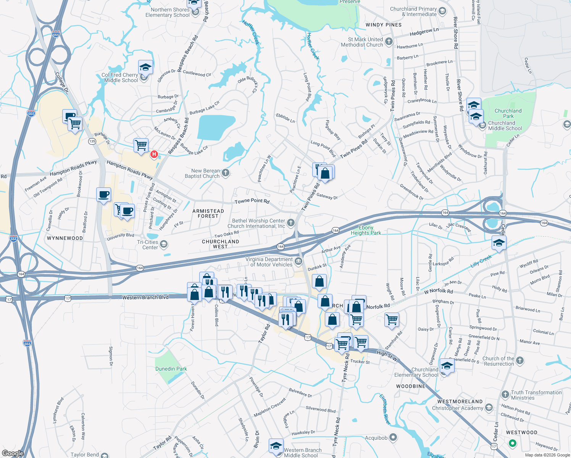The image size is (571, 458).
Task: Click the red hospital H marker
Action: (154, 154)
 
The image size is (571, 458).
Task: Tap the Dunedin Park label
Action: (171, 369)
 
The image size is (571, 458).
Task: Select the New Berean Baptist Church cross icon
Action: (226, 173)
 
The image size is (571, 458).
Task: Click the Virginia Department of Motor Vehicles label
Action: (269, 262)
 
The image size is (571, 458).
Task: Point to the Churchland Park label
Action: (508, 113)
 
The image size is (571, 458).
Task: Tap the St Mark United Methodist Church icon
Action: (389, 42)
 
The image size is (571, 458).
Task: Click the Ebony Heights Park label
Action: (366, 230)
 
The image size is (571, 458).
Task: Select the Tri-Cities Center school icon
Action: (164, 244)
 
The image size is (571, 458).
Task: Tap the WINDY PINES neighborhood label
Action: (384, 25)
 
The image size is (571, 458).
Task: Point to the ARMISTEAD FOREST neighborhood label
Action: (208, 213)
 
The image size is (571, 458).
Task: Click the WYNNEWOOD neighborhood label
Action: (65, 238)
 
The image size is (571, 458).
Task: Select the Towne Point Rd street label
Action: (252, 201)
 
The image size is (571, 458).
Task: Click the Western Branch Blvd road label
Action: (145, 297)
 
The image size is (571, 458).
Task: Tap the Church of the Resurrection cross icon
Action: (520, 360)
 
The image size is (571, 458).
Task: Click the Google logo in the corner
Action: (13, 453)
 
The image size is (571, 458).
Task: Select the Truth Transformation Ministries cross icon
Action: (505, 394)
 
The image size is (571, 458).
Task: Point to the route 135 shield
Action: (92, 141)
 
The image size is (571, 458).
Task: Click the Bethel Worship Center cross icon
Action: (291, 223)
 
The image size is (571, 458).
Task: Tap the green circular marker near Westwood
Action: (513, 443)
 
